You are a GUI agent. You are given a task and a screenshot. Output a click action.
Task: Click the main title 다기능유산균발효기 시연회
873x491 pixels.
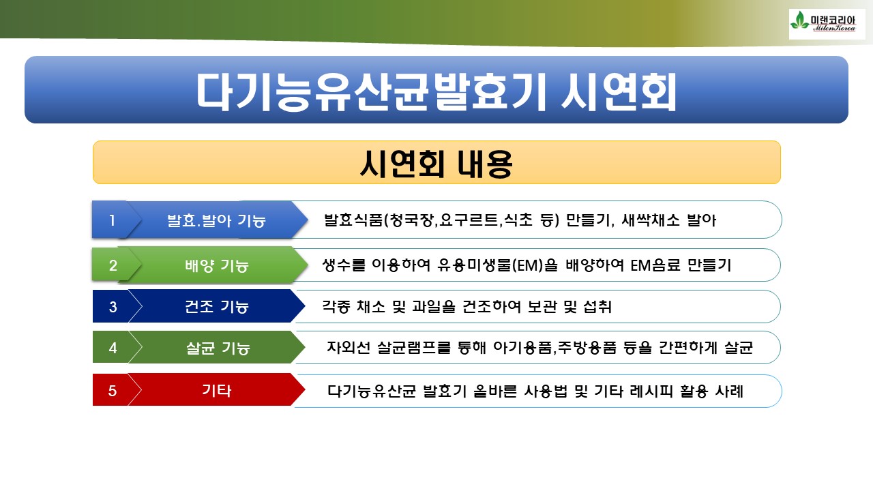tap(436, 92)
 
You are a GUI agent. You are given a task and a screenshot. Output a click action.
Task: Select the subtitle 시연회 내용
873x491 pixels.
tap(436, 164)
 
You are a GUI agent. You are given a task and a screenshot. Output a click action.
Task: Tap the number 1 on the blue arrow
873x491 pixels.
tap(113, 220)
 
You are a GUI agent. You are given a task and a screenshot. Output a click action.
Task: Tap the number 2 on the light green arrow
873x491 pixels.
tap(113, 265)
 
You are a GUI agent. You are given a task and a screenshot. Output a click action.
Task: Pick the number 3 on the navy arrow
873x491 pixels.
tap(113, 307)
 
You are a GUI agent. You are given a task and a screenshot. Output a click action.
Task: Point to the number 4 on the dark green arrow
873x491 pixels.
tap(113, 348)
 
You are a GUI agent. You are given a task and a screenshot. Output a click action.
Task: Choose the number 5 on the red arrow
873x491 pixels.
tap(113, 391)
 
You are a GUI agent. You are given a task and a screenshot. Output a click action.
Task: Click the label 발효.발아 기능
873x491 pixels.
tap(216, 220)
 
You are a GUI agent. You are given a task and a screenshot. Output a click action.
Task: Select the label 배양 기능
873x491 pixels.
tap(217, 266)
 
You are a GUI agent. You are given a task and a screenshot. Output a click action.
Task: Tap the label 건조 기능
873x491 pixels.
tap(217, 307)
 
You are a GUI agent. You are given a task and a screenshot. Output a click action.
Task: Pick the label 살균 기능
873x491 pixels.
tap(218, 348)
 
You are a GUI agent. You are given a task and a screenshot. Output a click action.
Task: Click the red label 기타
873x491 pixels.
tap(217, 391)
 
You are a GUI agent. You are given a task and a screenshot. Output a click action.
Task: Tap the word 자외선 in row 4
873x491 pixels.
tap(349, 347)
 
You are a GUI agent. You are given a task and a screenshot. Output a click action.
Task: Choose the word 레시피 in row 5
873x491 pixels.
tap(651, 391)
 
